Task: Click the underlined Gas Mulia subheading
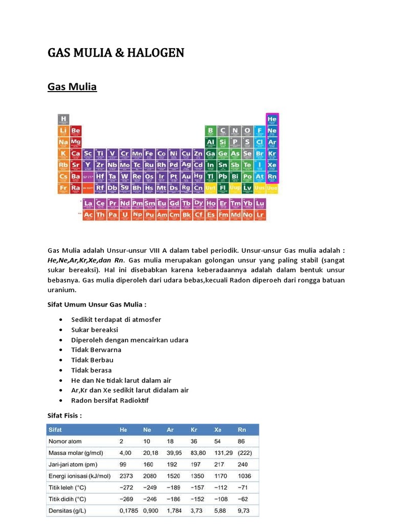tap(72, 87)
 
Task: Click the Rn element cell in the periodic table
tap(272, 177)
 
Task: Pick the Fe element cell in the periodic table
tap(149, 154)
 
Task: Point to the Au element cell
tap(186, 177)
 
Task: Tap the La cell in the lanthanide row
tap(88, 204)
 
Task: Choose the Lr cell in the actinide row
tap(260, 215)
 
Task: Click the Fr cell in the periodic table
tap(63, 188)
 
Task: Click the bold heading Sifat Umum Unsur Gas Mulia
tap(97, 305)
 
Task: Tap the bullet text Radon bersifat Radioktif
tap(110, 400)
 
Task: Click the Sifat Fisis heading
tap(64, 416)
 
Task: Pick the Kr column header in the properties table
tap(194, 429)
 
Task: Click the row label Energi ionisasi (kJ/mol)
tap(79, 476)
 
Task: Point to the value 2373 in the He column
tap(126, 476)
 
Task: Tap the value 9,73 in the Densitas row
tap(244, 511)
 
